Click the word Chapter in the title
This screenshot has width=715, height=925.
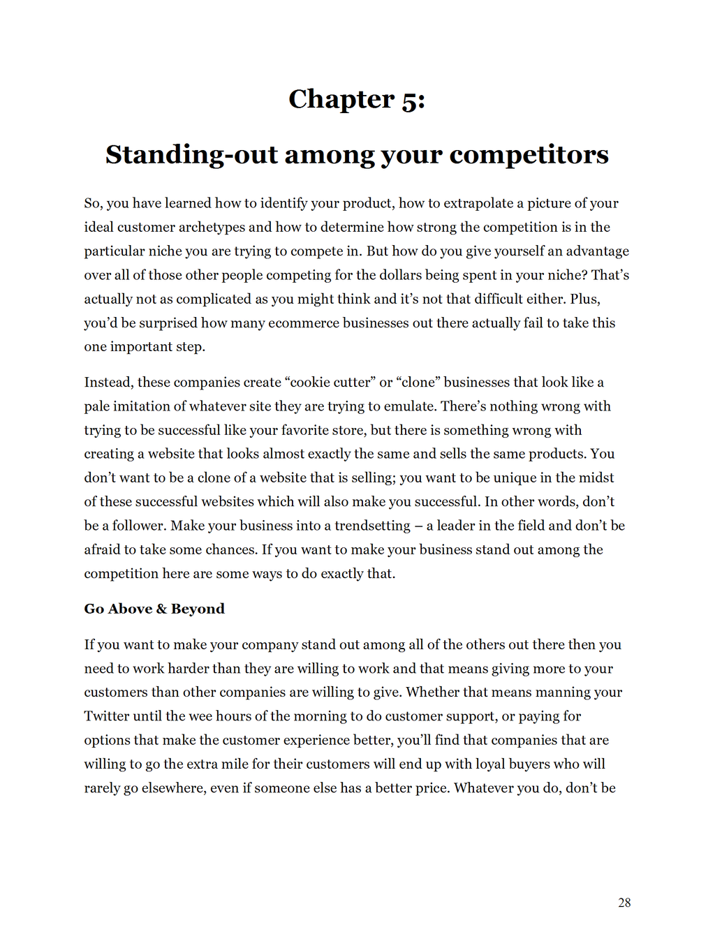point(341,100)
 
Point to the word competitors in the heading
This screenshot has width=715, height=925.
point(529,154)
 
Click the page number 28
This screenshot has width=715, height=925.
point(624,903)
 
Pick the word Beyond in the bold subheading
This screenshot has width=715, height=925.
point(198,609)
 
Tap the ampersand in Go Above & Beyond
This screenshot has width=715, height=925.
point(161,609)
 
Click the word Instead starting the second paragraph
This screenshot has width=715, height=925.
point(108,382)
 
